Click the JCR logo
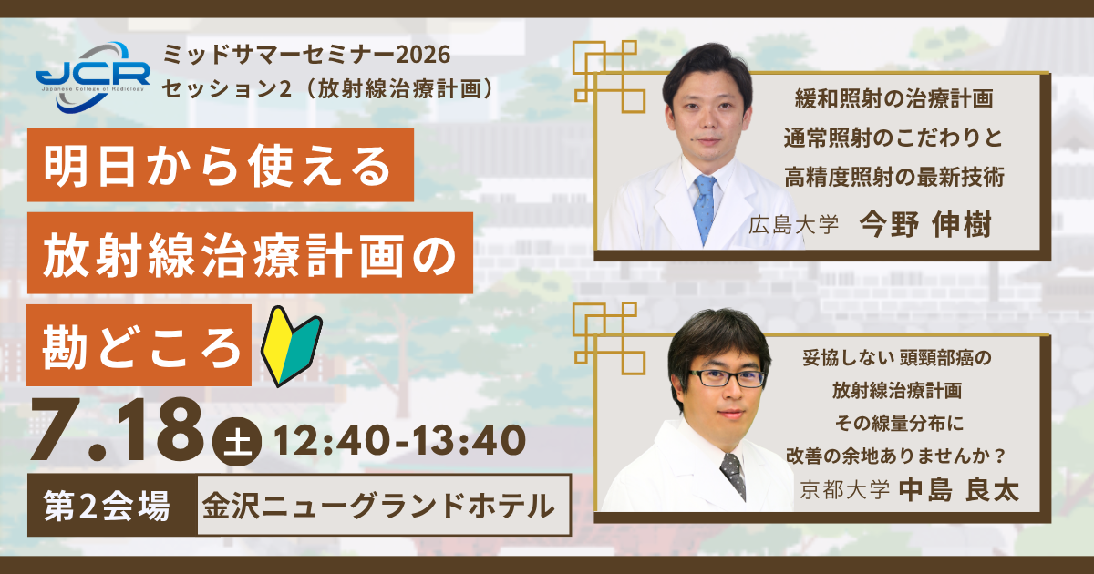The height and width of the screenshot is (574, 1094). point(93,77)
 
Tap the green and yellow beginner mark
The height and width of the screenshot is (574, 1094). point(291,346)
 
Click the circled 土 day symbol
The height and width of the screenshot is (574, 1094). point(237,442)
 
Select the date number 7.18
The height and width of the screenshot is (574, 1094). point(118,429)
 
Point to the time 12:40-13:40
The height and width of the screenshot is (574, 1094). point(400,440)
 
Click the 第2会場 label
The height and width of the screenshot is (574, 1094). point(107,506)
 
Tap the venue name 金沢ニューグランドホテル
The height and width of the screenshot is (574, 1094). point(379,506)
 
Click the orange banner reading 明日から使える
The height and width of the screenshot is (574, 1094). point(221,165)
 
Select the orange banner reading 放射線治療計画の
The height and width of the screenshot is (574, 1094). point(250,253)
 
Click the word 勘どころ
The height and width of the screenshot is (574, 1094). point(141,347)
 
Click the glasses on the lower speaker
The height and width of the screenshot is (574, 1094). point(728,378)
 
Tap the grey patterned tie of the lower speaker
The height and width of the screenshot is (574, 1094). point(734,476)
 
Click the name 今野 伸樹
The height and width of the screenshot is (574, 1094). point(925,225)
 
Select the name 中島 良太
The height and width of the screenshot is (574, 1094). point(959,489)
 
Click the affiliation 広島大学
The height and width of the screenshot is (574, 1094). point(793,226)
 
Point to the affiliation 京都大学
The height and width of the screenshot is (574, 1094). point(844,490)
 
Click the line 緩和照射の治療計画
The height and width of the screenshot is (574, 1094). point(893,99)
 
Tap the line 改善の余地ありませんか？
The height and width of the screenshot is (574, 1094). point(897,456)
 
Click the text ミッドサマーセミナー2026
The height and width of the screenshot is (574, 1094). point(306,55)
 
